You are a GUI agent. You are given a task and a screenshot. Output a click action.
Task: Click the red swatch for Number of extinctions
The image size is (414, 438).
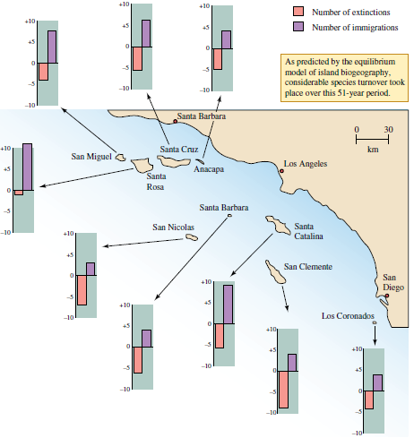298,12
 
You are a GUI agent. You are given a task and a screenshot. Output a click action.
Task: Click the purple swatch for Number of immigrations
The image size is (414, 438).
298,26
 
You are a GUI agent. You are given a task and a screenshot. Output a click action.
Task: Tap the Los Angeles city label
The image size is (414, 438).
305,164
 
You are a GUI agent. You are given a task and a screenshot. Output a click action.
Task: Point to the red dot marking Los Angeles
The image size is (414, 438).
280,166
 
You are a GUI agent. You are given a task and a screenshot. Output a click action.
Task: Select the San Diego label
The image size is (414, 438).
393,282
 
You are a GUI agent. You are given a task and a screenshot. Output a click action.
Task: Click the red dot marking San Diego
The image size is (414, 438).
387,295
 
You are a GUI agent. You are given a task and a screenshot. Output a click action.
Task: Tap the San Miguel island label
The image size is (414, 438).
91,156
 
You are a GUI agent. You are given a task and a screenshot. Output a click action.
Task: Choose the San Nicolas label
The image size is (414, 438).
174,227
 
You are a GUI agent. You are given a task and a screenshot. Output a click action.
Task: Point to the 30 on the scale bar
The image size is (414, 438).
388,130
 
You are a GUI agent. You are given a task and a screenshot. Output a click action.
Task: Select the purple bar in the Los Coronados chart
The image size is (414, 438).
378,382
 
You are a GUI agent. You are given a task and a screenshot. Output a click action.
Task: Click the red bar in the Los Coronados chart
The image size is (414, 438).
368,399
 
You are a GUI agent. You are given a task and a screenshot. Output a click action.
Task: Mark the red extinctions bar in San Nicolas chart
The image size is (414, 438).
82,289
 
